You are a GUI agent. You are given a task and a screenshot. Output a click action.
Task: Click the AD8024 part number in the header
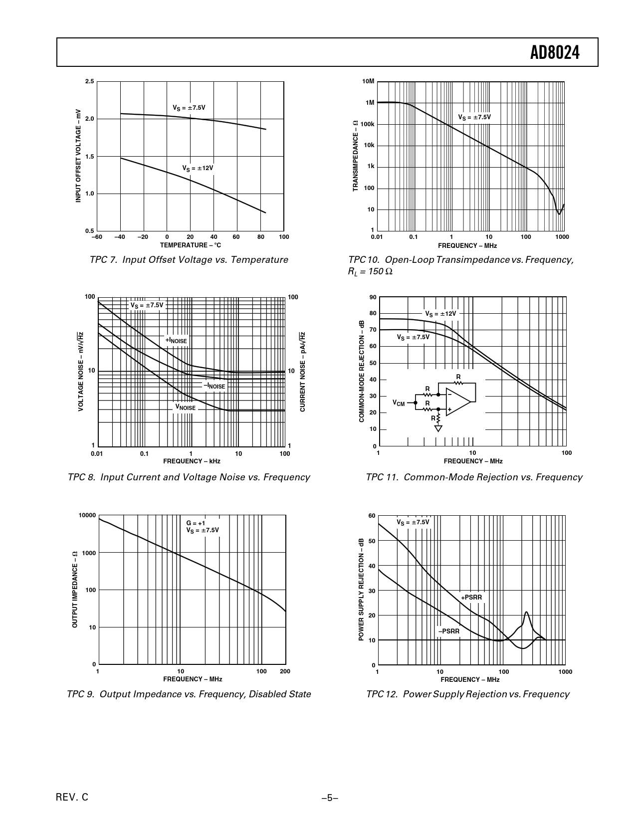(x=555, y=52)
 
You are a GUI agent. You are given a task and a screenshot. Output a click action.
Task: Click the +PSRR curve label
(x=471, y=597)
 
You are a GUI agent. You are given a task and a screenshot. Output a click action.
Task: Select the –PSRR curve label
(x=448, y=631)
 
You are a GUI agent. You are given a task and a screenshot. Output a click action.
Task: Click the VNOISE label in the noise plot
(x=185, y=408)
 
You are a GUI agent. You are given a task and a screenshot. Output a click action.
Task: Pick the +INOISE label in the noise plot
(x=176, y=340)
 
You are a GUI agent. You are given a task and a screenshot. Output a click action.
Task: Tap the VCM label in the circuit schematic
(x=399, y=403)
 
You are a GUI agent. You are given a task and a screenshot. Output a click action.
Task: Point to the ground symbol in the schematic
(x=438, y=428)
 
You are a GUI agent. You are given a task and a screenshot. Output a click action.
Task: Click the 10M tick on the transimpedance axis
(x=368, y=81)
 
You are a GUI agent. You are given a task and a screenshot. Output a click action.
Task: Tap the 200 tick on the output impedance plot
(x=285, y=671)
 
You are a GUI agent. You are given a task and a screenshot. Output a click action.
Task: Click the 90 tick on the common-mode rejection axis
(x=373, y=297)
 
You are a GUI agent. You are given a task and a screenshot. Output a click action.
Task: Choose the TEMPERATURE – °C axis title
(x=191, y=245)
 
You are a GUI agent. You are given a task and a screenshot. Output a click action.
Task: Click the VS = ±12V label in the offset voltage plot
(x=198, y=168)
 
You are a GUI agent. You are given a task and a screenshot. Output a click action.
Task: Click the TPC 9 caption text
(x=189, y=694)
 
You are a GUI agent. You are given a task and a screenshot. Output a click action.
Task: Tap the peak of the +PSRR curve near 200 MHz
(x=526, y=613)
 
